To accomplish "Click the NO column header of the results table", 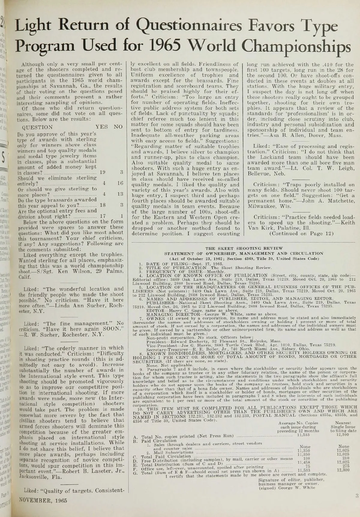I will coord(118,127).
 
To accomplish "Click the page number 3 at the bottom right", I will coord(357,495).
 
